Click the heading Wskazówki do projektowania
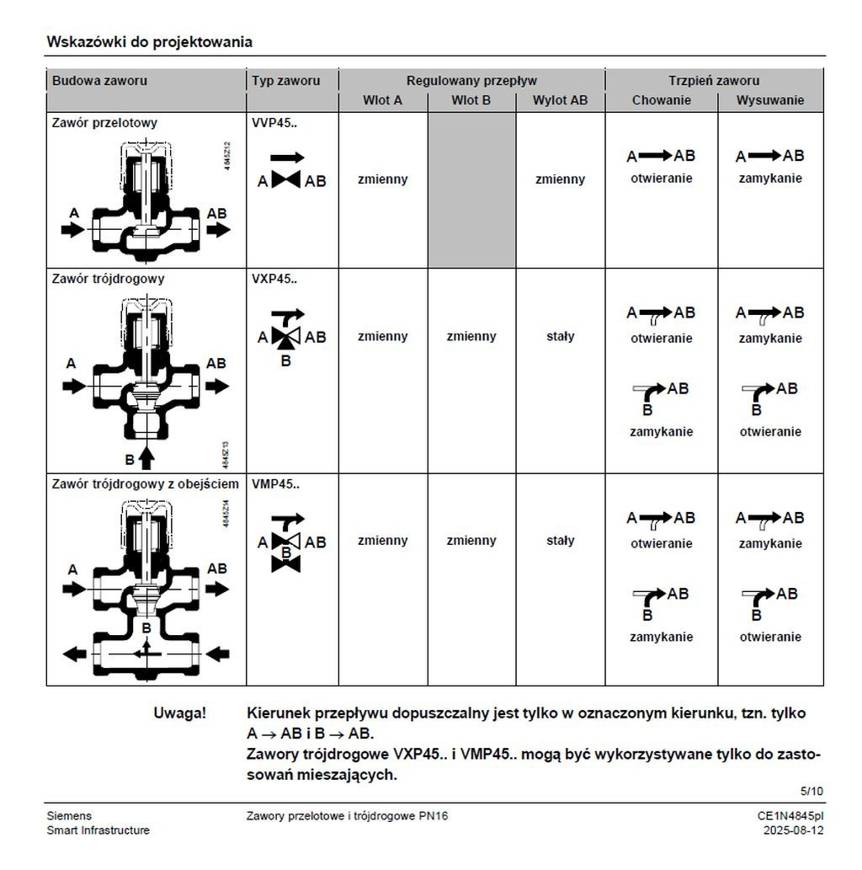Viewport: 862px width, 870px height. click(149, 41)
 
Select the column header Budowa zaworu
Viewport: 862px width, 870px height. click(99, 81)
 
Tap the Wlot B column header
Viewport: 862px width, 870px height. click(471, 101)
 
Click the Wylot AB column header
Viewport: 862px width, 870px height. click(560, 101)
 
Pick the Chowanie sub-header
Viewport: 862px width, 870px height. click(661, 101)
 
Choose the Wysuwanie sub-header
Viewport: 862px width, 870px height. click(770, 101)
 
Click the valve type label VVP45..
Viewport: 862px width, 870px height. click(274, 123)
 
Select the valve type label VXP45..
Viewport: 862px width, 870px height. click(274, 279)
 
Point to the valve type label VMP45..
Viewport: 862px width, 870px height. click(275, 484)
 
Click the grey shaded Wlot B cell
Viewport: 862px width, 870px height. click(471, 190)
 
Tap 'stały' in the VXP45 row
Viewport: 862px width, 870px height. click(560, 336)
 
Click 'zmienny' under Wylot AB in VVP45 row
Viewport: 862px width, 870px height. click(560, 179)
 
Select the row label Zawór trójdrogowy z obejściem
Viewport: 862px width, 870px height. click(146, 484)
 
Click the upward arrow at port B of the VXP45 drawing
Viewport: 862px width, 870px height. click(146, 456)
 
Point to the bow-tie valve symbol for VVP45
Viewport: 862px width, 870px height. click(286, 180)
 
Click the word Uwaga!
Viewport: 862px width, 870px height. click(179, 713)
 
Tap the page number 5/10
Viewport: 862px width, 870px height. click(811, 791)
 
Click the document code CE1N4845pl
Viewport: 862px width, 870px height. click(790, 816)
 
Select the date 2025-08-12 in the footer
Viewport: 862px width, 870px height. click(793, 830)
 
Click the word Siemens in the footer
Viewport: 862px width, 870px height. click(69, 816)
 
